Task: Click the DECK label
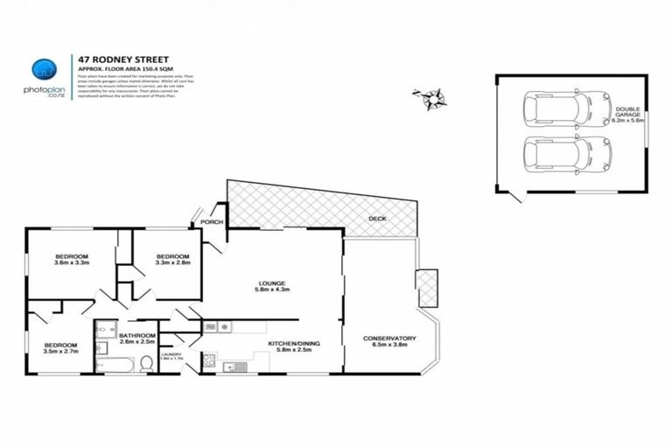click(x=377, y=219)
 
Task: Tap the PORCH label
click(x=212, y=222)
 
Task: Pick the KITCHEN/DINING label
click(x=293, y=345)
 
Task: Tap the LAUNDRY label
click(x=171, y=354)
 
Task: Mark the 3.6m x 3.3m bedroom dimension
click(x=73, y=262)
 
